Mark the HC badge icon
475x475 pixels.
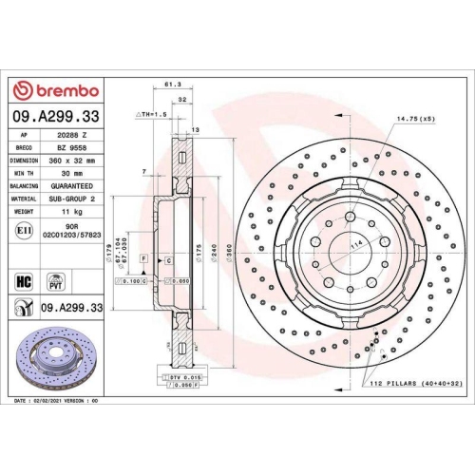coord(26,281)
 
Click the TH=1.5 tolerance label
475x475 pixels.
coord(153,113)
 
